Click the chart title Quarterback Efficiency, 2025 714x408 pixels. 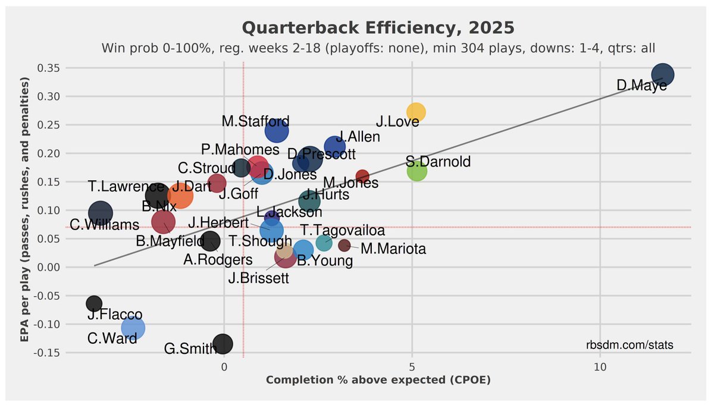click(x=378, y=28)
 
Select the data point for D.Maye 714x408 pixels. click(x=662, y=74)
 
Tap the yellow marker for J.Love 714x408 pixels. click(x=416, y=112)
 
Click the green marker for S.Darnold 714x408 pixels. click(x=417, y=171)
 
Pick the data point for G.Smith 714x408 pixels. click(x=223, y=344)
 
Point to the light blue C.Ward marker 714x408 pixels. click(x=133, y=328)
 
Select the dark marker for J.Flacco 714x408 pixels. click(x=94, y=303)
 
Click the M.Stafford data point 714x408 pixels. click(x=277, y=130)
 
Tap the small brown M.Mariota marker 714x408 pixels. click(x=344, y=245)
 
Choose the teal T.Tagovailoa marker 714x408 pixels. click(x=324, y=243)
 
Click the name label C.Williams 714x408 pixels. click(x=104, y=225)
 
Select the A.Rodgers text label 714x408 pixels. click(x=218, y=260)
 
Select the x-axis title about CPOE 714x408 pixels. click(x=378, y=380)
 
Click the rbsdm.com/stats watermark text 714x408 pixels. click(x=630, y=346)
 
